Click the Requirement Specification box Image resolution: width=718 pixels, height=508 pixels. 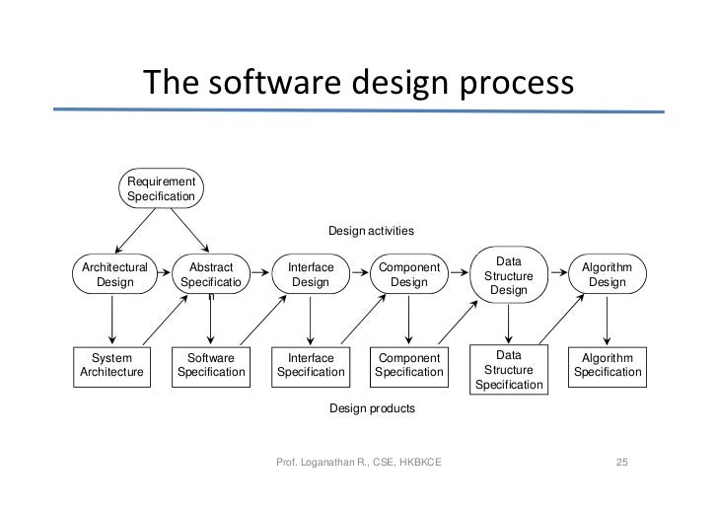(x=160, y=187)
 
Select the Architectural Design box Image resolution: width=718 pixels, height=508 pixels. (x=114, y=274)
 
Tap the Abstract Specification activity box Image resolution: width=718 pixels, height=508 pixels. (x=211, y=275)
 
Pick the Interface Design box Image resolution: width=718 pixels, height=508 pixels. (x=311, y=274)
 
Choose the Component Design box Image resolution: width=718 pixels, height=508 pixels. (x=409, y=274)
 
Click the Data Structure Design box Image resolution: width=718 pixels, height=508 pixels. (x=508, y=275)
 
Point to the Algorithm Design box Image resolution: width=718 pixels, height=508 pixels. (x=607, y=274)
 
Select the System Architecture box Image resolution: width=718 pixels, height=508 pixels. (x=111, y=365)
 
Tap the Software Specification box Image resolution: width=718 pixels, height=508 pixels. (x=211, y=365)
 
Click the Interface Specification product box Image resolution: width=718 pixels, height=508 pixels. (x=311, y=365)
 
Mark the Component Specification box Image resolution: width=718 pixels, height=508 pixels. (x=409, y=365)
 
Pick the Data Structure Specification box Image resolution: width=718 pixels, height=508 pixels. (x=508, y=369)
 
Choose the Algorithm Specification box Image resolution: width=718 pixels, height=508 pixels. (x=608, y=365)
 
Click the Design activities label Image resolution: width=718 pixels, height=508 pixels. (x=371, y=231)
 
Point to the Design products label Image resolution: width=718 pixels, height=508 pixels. (x=372, y=407)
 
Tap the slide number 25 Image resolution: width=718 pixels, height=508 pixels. (x=621, y=463)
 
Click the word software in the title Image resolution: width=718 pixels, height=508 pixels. (x=266, y=83)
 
